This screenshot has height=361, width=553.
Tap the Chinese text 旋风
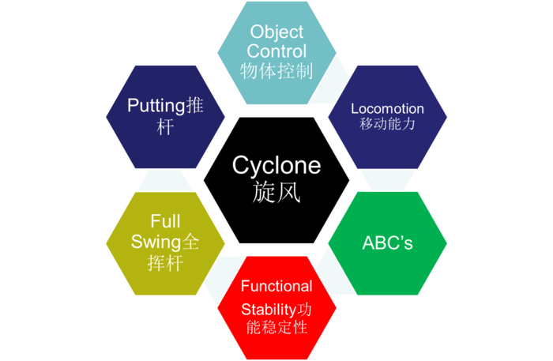[276, 192]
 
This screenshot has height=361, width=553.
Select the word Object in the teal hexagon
[276, 32]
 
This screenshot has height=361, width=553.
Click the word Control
[276, 51]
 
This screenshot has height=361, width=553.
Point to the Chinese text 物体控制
[276, 71]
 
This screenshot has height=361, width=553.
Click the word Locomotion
[387, 108]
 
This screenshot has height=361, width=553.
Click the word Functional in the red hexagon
[276, 286]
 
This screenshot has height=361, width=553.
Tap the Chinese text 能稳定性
[276, 325]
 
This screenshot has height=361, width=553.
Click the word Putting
[155, 107]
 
